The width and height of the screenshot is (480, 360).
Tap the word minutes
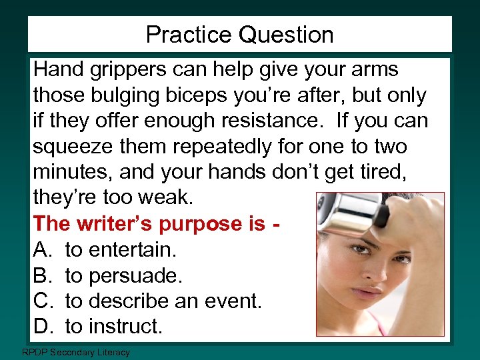click(x=72, y=172)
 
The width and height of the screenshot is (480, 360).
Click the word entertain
click(x=132, y=249)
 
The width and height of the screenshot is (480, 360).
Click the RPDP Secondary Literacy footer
click(x=76, y=352)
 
